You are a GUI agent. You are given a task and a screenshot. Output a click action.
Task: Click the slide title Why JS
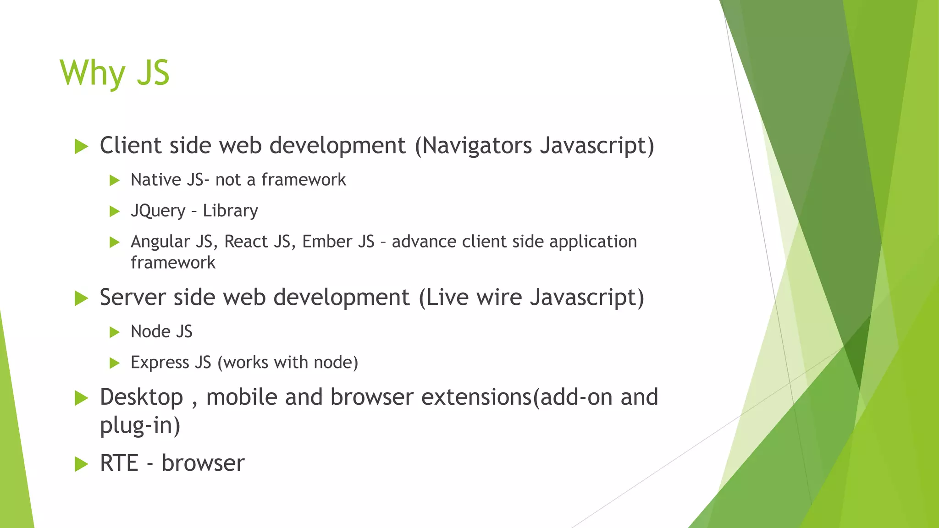point(115,73)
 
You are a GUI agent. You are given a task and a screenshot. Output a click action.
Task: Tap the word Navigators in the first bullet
point(476,146)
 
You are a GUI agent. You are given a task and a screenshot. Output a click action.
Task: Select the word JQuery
point(158,211)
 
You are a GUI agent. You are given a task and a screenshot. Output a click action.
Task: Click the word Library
point(230,211)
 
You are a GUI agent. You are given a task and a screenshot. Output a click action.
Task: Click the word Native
point(156,180)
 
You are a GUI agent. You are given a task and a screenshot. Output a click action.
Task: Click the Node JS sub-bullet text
point(161,332)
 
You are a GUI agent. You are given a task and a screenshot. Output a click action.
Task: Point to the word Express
point(160,363)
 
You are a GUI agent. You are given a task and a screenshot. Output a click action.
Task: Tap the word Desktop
point(141,397)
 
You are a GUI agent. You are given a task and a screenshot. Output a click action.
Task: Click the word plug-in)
point(140,425)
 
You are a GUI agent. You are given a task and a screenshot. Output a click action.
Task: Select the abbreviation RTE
point(119,463)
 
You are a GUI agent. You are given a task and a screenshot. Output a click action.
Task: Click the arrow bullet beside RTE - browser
point(81,464)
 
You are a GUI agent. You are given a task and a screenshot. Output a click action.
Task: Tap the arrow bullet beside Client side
point(81,147)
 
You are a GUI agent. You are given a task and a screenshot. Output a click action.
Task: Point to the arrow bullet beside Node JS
point(115,332)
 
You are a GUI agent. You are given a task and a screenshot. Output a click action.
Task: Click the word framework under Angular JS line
point(173,263)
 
